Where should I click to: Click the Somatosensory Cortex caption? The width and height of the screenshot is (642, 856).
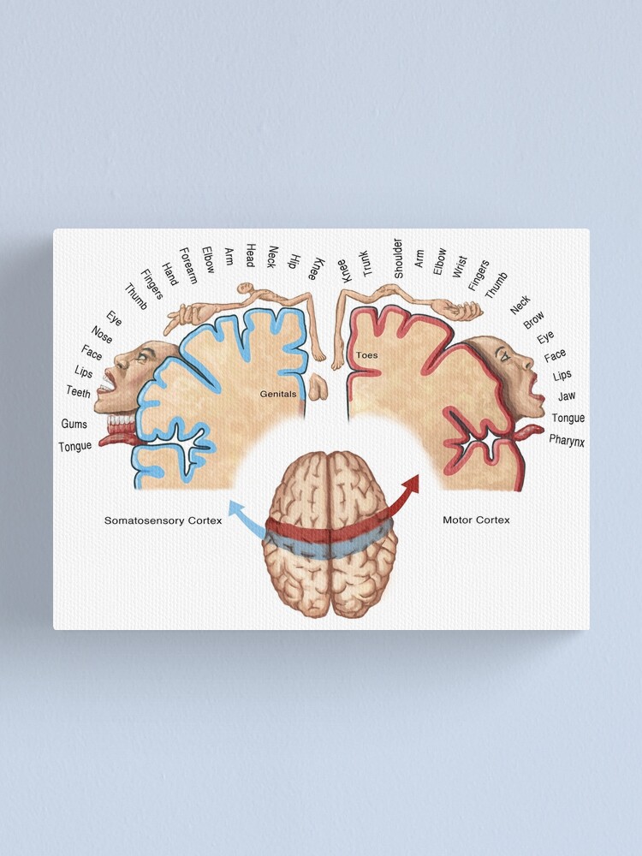(163, 520)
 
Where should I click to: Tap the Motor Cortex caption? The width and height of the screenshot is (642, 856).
(476, 520)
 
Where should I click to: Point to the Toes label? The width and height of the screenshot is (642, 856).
(366, 354)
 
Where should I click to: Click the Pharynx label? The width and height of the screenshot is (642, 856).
(567, 440)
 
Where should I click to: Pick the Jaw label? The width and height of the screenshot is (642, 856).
(566, 396)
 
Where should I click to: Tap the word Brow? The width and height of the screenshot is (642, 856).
(533, 320)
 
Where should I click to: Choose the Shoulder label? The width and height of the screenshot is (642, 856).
(397, 258)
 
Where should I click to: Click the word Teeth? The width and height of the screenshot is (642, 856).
(78, 391)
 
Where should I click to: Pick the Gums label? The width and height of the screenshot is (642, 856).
(74, 424)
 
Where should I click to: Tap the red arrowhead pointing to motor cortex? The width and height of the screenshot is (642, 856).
(413, 483)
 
